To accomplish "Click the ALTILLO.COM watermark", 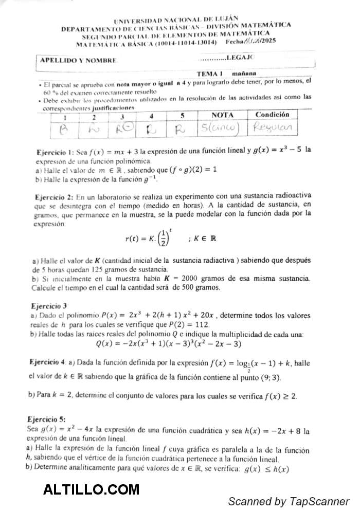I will click(91, 489).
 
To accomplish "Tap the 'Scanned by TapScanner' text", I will click(289, 501).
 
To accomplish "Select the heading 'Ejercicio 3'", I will click(49, 305).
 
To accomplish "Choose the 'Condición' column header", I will click(272, 114).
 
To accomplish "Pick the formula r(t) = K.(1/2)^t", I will click(154, 238).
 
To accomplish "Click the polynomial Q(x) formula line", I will click(168, 343).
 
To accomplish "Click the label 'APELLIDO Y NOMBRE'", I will click(78, 60).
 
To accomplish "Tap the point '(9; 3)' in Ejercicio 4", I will click(269, 377).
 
